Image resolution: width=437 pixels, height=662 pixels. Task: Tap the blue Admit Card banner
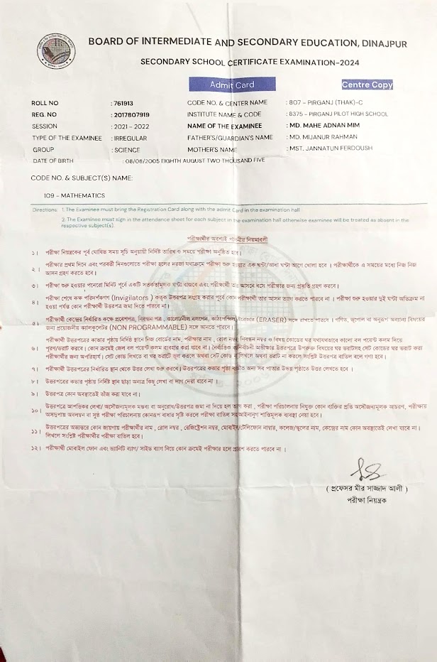[x=232, y=85]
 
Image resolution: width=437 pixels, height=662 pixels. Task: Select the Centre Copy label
[x=367, y=85]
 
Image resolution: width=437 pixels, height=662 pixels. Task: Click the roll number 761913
[x=123, y=103]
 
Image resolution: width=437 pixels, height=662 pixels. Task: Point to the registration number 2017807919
[x=131, y=114]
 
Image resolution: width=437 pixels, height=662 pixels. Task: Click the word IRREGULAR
[x=130, y=137]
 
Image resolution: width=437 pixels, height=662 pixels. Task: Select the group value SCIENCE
[x=126, y=150]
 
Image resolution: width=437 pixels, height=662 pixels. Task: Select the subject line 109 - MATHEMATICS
[x=74, y=195]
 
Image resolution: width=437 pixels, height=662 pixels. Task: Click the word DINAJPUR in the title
[x=377, y=43]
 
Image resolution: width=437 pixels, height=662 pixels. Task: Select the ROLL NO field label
[x=44, y=103]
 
